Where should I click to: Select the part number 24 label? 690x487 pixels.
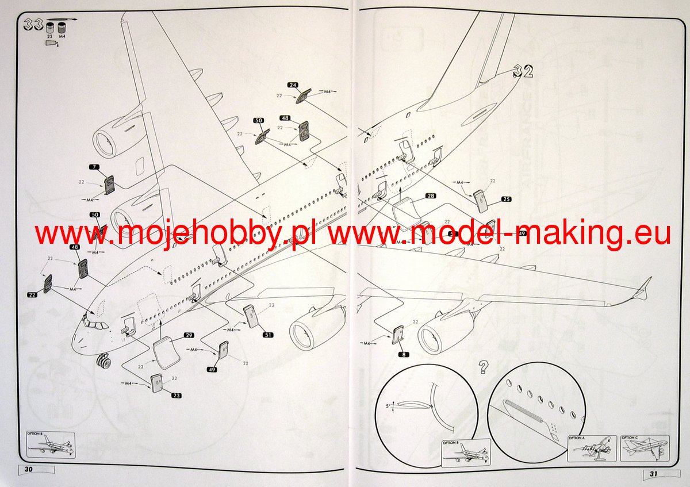coord(293,85)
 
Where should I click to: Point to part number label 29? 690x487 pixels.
coord(189,335)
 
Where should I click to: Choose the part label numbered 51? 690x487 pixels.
coord(267,334)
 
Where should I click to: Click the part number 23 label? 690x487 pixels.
coord(176,395)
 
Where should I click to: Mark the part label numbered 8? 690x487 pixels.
coord(404,355)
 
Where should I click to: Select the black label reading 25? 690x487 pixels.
coord(506,200)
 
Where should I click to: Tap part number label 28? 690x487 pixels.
coord(431,196)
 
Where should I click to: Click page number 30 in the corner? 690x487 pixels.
coord(29,469)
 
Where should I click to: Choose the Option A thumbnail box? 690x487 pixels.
coord(592,448)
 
